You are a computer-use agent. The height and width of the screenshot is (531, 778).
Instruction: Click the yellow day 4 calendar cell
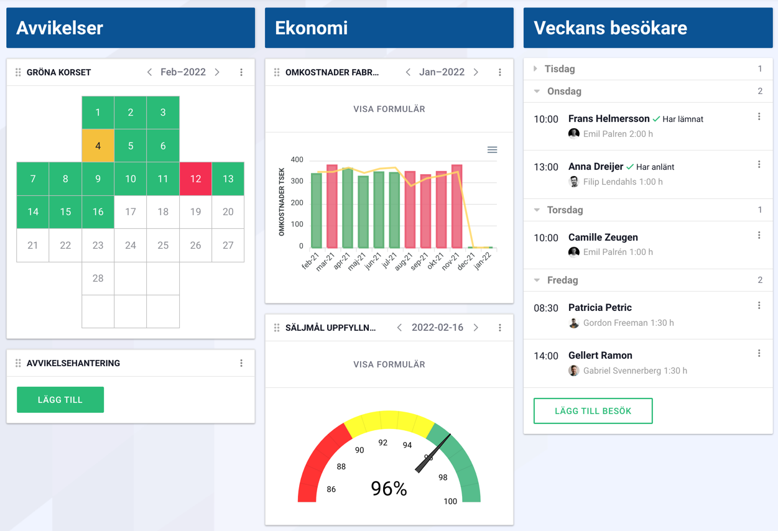(98, 145)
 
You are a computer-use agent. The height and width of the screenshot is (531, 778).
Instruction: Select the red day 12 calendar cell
(195, 178)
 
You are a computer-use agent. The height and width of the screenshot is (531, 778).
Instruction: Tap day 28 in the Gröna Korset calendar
(98, 278)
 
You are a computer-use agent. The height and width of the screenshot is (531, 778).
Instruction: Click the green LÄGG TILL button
(60, 400)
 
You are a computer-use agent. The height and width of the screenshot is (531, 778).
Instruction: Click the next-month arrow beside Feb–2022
(217, 72)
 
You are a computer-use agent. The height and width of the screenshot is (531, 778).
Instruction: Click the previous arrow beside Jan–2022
(408, 72)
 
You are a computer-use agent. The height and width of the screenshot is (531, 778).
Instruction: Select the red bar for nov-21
(456, 206)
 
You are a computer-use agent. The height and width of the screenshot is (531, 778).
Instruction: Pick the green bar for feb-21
(316, 211)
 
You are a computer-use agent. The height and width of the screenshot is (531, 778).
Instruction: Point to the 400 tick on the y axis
(297, 160)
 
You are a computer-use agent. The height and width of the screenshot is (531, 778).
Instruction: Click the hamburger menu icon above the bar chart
(492, 150)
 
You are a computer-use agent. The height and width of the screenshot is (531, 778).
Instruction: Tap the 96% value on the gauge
(389, 489)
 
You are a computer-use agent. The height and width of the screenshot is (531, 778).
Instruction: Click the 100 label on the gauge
(450, 501)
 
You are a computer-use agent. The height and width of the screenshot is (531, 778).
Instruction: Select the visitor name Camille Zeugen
(603, 238)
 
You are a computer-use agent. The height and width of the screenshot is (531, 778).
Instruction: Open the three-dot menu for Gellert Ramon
(759, 353)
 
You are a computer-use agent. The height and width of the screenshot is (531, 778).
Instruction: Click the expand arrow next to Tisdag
(535, 69)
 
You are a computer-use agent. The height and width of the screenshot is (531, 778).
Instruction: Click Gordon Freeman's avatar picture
(574, 323)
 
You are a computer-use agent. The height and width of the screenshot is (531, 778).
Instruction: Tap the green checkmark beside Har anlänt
(630, 167)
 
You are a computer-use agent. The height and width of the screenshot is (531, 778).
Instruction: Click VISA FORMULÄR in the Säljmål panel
(389, 364)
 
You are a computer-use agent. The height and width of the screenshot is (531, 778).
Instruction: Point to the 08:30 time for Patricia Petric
(546, 308)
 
